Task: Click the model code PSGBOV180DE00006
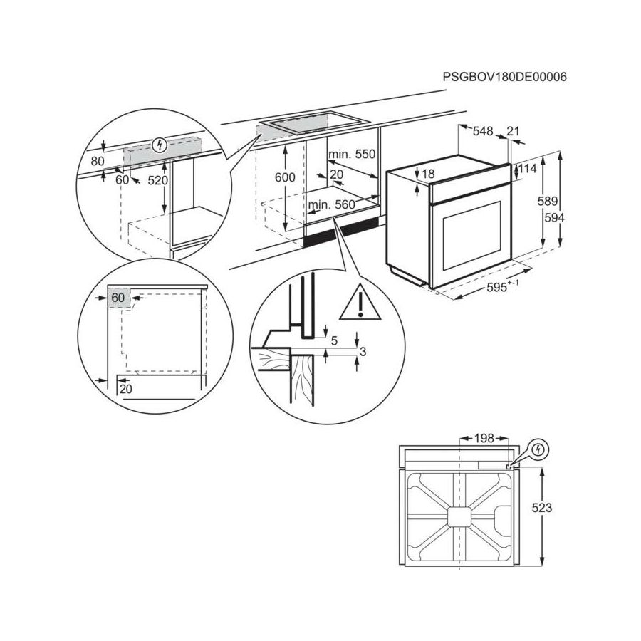(x=504, y=77)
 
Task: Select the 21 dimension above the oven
(x=513, y=131)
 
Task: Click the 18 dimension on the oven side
(x=427, y=174)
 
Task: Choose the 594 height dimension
(x=552, y=218)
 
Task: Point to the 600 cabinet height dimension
(x=284, y=177)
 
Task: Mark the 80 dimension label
(x=98, y=161)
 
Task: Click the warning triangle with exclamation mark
(x=360, y=304)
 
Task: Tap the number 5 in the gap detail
(x=333, y=341)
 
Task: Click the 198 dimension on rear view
(x=484, y=439)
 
